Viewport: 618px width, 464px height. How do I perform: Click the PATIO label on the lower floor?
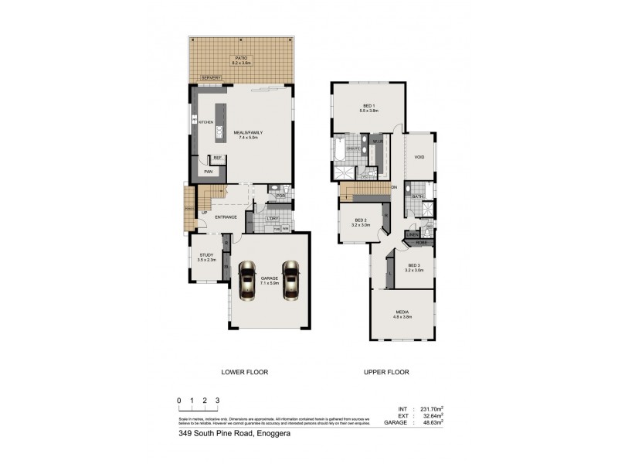[x=243, y=57]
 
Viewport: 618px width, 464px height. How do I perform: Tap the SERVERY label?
[x=211, y=77]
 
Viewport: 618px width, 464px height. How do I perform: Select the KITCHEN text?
[x=206, y=122]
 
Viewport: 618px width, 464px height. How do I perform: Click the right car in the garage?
[x=290, y=280]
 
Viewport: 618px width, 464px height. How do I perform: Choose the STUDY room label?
[x=205, y=254]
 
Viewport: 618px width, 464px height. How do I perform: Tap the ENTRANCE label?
[x=226, y=217]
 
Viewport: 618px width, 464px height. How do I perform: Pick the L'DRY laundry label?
[x=272, y=218]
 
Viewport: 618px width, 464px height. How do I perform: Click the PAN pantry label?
[x=208, y=172]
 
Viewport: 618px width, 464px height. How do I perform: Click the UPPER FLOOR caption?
[x=386, y=372]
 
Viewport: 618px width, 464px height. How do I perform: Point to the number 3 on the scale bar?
[x=218, y=400]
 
